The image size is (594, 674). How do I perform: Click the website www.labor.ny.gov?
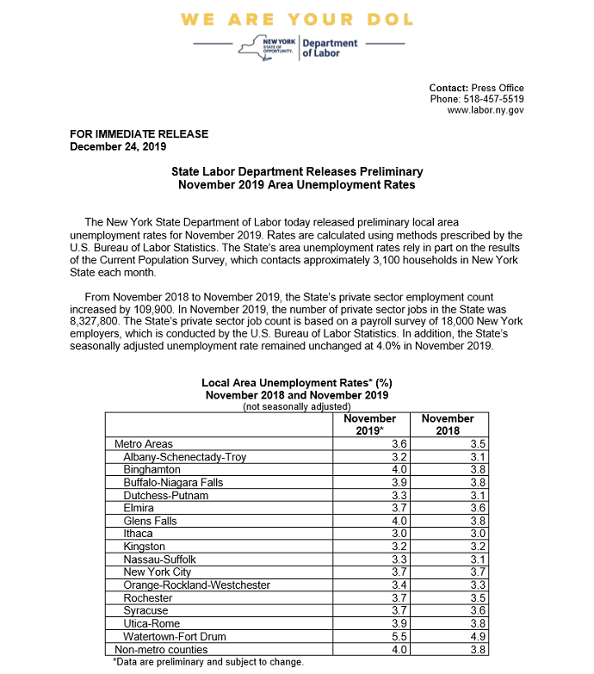tap(486, 110)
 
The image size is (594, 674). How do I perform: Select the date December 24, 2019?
tap(118, 146)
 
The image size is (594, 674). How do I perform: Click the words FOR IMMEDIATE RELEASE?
tap(139, 134)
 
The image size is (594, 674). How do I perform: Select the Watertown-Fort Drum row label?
tap(176, 637)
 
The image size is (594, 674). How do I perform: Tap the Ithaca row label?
tap(139, 534)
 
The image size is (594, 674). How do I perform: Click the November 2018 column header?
tap(448, 424)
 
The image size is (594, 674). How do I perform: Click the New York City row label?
tap(159, 572)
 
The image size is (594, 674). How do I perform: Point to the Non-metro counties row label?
tap(161, 649)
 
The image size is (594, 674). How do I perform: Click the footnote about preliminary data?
tap(207, 662)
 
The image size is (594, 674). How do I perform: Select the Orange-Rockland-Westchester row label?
tap(196, 585)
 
